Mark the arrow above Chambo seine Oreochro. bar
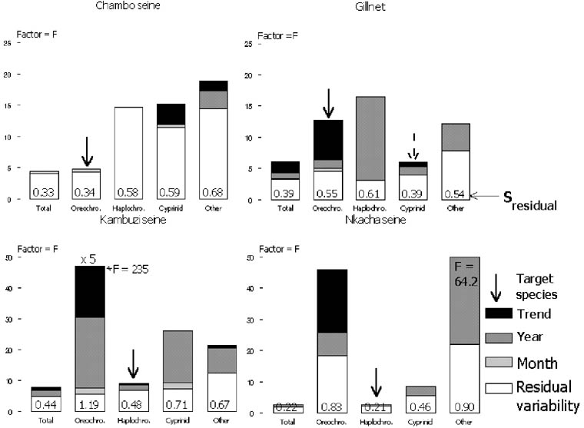[87, 149]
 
